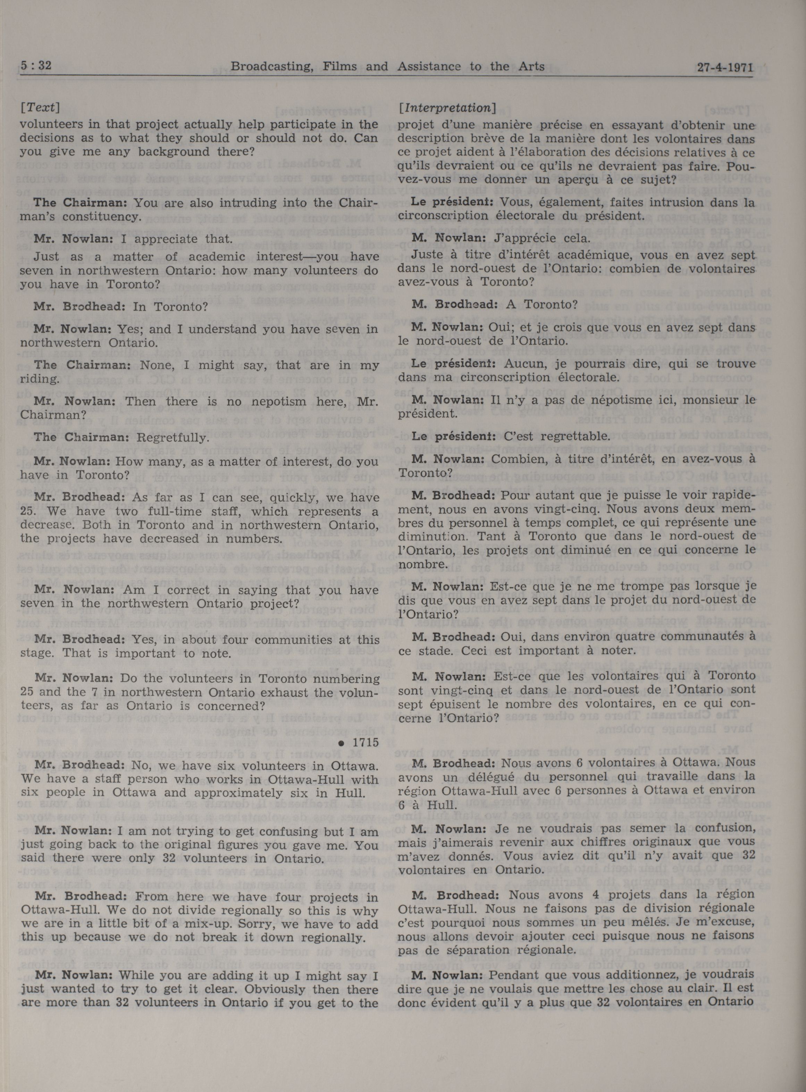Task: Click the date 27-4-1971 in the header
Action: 725,67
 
